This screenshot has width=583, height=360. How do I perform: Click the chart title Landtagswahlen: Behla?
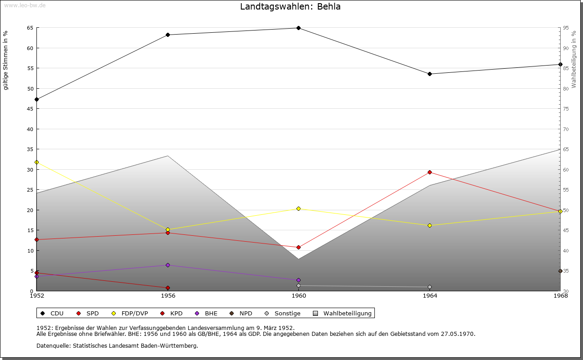(x=290, y=7)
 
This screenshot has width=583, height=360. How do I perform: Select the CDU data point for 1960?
(x=298, y=28)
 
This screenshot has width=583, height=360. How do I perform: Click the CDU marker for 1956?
(x=168, y=35)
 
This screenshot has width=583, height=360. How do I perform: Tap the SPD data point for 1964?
(x=430, y=172)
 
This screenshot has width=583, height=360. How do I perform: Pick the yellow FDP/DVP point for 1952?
(x=36, y=162)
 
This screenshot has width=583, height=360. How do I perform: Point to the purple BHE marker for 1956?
(x=168, y=265)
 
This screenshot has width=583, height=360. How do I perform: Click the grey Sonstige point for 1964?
(x=430, y=287)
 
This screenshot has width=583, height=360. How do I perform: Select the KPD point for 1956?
(x=168, y=288)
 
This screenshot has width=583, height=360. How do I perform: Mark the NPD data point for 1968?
(x=560, y=271)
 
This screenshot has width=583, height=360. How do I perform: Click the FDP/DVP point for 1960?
(x=298, y=208)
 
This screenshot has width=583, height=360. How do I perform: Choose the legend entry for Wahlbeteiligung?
(x=347, y=314)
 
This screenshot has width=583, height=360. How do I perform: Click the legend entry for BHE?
(x=211, y=314)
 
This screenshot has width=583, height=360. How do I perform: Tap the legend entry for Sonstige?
(x=287, y=314)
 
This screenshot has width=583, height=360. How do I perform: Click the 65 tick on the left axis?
(x=30, y=28)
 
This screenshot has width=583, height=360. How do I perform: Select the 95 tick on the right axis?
(x=565, y=28)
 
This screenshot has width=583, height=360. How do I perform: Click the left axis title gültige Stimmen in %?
(x=6, y=61)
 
